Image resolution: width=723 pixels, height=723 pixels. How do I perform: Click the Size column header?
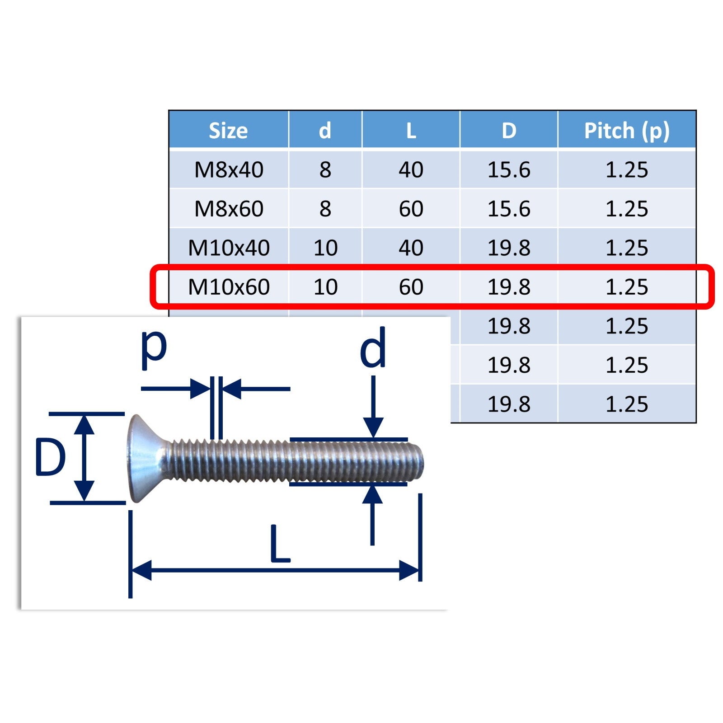(x=228, y=131)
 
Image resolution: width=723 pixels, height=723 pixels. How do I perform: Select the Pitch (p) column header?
(x=627, y=131)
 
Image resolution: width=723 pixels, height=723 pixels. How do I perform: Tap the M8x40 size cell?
(x=229, y=170)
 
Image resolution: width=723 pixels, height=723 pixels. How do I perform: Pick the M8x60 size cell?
(x=229, y=209)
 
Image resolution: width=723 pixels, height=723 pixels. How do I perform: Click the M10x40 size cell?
(x=229, y=248)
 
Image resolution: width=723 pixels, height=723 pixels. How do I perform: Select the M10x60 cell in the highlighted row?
(x=229, y=286)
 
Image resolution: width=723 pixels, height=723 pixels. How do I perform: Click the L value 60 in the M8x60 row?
(x=411, y=209)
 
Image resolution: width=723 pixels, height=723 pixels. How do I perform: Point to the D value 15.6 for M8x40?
(x=509, y=170)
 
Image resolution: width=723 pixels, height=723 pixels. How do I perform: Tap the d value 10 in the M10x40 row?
(x=325, y=248)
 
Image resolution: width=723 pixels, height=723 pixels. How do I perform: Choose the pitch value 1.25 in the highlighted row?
(x=627, y=286)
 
